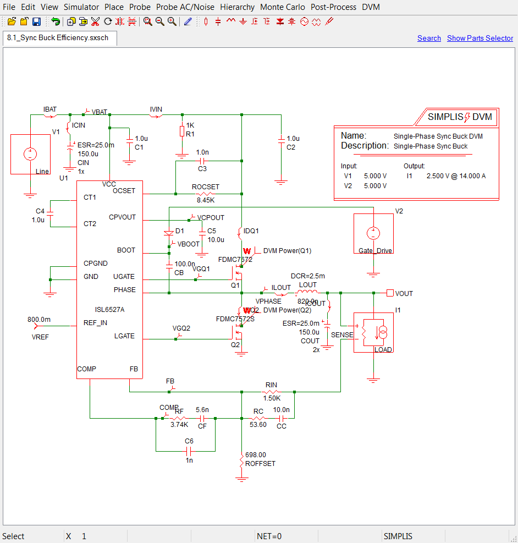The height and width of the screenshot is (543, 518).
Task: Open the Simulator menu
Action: coord(81,7)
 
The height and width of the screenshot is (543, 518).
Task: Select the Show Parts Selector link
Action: coord(480,38)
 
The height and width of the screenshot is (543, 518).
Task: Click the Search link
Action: coord(429,38)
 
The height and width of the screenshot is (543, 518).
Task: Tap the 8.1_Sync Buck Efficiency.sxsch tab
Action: coord(58,38)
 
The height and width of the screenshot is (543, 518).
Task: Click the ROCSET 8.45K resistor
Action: coord(205,194)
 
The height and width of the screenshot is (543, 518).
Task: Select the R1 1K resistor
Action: coord(182,131)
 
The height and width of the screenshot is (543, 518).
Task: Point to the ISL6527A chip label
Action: coord(109,310)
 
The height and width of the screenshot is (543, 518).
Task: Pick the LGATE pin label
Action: coord(124,336)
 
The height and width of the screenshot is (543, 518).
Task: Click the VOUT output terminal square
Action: coord(390,293)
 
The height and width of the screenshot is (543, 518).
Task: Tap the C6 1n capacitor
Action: coord(188,451)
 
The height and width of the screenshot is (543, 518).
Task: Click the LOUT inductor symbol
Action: coord(307,292)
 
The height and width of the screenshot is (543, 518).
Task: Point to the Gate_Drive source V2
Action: coord(373,233)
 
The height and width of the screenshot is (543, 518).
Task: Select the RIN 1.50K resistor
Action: coord(271,392)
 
